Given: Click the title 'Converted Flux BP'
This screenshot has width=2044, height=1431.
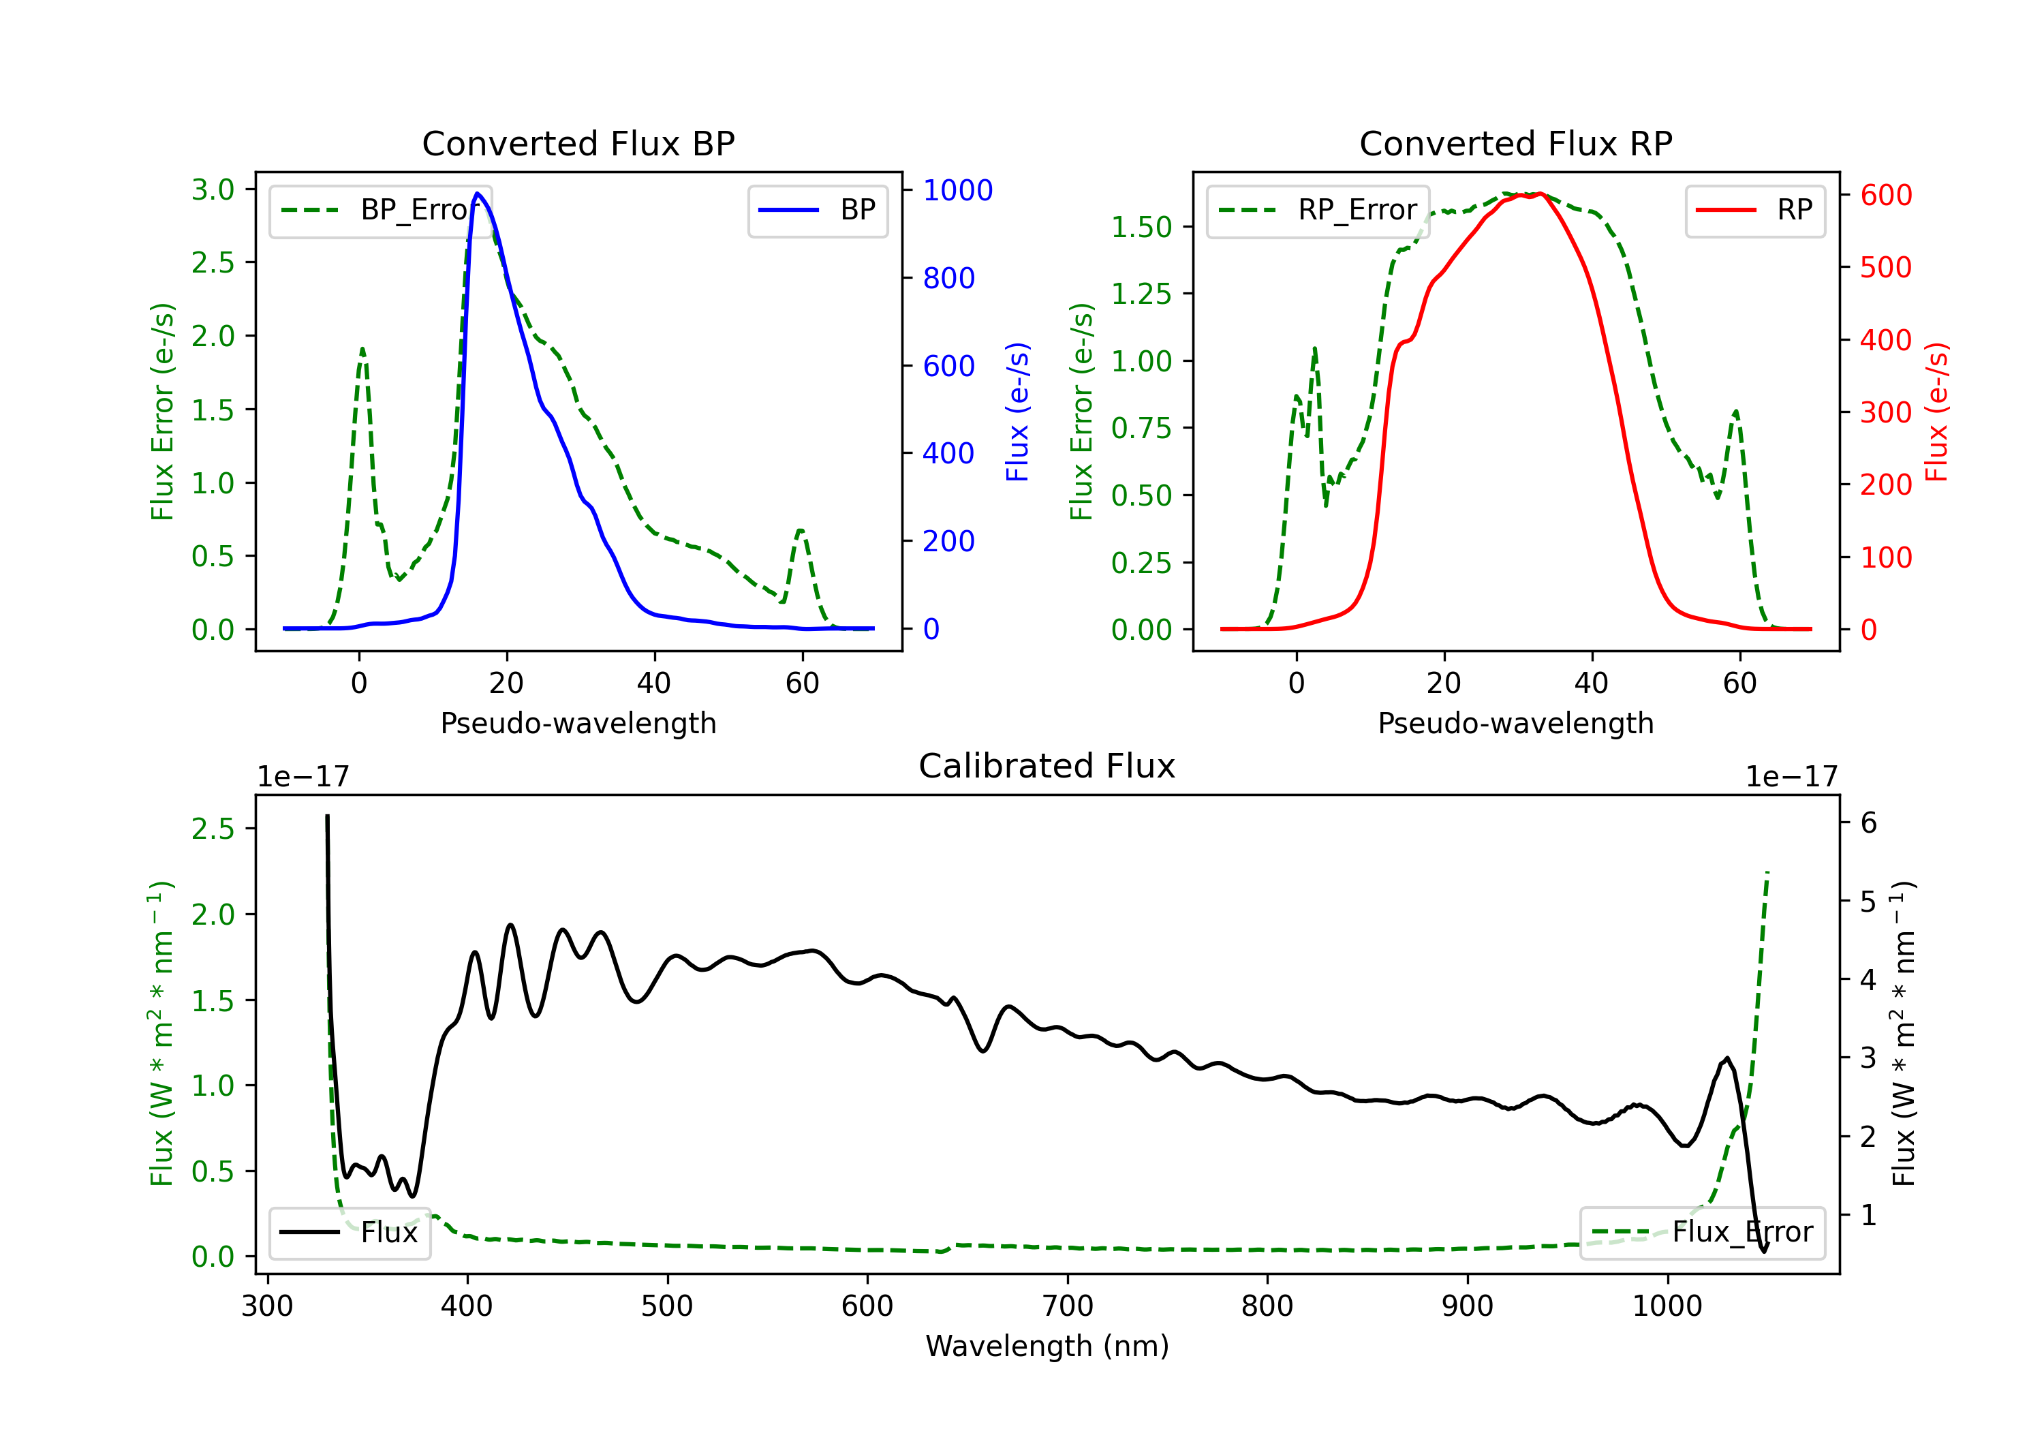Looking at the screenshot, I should click(x=578, y=143).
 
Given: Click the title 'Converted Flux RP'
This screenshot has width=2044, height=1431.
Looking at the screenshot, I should click(x=1515, y=143).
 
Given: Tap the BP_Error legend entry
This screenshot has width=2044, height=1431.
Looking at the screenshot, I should click(x=381, y=210).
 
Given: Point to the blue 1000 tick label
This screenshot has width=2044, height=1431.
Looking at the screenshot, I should click(x=957, y=189).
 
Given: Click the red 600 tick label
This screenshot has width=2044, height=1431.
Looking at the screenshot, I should click(x=1885, y=195).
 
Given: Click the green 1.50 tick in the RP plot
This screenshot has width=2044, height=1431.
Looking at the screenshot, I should click(x=1141, y=227).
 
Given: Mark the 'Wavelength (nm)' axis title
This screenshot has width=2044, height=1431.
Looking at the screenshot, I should click(x=1047, y=1346).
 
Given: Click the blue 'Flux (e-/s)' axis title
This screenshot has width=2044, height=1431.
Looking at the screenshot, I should click(x=1017, y=412).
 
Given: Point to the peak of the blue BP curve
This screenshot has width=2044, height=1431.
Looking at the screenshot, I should click(x=477, y=194).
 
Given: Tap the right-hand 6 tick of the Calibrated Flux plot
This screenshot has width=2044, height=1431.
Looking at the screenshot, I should click(x=1869, y=822).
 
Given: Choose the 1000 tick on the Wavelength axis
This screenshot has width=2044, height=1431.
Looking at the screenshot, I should click(x=1667, y=1306).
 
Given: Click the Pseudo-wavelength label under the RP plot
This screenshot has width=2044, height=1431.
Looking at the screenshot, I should click(x=1515, y=723).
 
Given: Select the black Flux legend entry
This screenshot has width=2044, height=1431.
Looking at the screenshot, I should click(x=350, y=1233).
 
